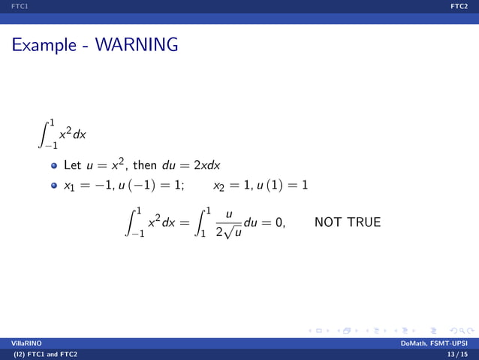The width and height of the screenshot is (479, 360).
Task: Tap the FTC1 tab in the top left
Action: tap(11, 5)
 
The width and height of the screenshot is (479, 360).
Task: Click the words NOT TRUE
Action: tap(348, 222)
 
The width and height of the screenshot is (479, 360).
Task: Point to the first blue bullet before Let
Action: tap(54, 165)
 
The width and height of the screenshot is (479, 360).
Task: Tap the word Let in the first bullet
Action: tap(72, 165)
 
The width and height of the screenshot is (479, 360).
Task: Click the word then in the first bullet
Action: tap(146, 165)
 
